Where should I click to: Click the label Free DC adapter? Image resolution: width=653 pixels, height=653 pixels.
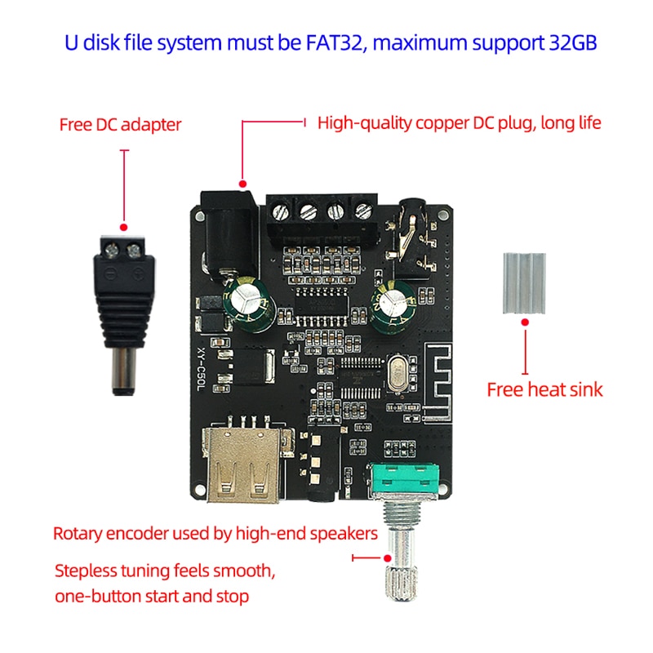click(x=120, y=125)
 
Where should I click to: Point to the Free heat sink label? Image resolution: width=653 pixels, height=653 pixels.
click(x=544, y=389)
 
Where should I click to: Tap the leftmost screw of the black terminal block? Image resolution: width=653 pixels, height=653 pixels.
click(x=282, y=211)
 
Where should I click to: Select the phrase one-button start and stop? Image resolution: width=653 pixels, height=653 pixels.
click(x=151, y=596)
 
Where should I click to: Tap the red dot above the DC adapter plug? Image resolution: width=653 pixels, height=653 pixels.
click(x=123, y=227)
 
